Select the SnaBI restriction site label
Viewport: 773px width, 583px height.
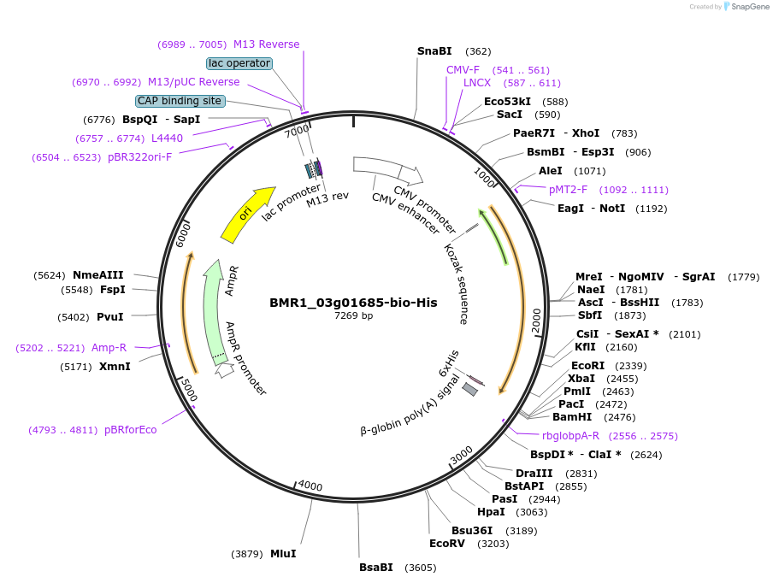click(x=434, y=51)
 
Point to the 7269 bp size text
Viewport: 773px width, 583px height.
click(x=353, y=315)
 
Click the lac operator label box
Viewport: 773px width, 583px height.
click(x=239, y=63)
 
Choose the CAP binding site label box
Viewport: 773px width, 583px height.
click(x=180, y=101)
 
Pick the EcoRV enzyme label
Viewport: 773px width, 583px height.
click(x=447, y=544)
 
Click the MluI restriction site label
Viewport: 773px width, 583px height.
click(x=283, y=554)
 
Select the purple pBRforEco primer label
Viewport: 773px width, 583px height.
click(x=131, y=430)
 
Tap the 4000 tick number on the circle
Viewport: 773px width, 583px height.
click(x=310, y=486)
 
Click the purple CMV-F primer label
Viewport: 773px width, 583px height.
click(x=463, y=70)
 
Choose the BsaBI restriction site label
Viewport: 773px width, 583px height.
click(x=376, y=568)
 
